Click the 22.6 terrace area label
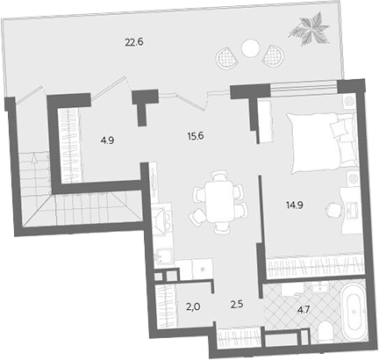pyautogui.click(x=134, y=42)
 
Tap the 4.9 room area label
pyautogui.click(x=107, y=140)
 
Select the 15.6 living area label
pyautogui.click(x=196, y=136)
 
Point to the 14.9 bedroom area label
pyautogui.click(x=294, y=205)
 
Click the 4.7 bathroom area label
pyautogui.click(x=303, y=310)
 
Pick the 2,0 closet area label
pyautogui.click(x=193, y=307)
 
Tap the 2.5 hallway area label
pyautogui.click(x=237, y=305)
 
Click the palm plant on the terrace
pyautogui.click(x=310, y=28)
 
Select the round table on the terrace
pyautogui.click(x=251, y=48)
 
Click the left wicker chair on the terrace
pyautogui.click(x=226, y=58)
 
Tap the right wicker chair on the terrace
pyautogui.click(x=274, y=56)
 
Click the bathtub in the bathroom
pyautogui.click(x=354, y=312)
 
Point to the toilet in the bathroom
pyautogui.click(x=325, y=332)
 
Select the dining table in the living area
pyautogui.click(x=219, y=202)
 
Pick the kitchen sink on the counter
pyautogui.click(x=163, y=257)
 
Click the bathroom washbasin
pyautogui.click(x=320, y=288)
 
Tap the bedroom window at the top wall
pyautogui.click(x=304, y=88)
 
